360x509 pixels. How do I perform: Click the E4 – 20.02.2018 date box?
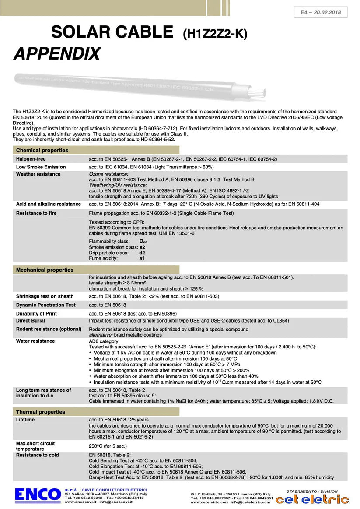(x=321, y=12)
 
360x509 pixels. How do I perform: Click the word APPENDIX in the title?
(x=57, y=54)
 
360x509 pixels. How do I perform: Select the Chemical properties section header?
(x=42, y=150)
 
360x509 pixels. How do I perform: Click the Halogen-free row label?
(x=31, y=159)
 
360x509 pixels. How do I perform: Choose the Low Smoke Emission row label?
(x=41, y=167)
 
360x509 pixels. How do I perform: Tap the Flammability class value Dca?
(x=143, y=242)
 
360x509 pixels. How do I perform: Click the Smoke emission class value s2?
(x=142, y=247)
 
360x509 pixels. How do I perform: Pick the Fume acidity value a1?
(x=142, y=258)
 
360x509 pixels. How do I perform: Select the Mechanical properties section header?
(x=45, y=270)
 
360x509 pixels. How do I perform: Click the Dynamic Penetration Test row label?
(x=45, y=305)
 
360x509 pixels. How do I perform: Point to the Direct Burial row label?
(x=30, y=320)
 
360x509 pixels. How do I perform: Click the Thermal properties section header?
(x=40, y=412)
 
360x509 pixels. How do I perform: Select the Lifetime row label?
(x=25, y=420)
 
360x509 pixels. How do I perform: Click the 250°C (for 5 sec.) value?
(x=108, y=446)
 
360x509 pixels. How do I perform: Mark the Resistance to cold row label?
(x=37, y=455)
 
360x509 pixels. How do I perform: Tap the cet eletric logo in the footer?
(x=312, y=499)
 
